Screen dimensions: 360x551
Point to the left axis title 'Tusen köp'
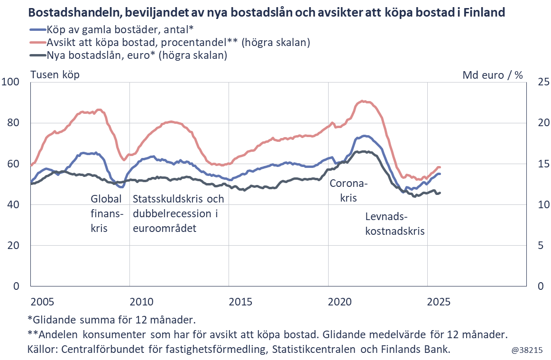coord(55,74)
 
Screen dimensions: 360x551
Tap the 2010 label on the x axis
coord(140,302)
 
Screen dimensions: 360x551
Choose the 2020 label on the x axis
coord(340,302)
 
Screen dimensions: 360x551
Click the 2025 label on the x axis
coord(439,302)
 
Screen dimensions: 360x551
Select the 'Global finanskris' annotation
coord(106,213)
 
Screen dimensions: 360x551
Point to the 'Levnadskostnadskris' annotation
coord(394,224)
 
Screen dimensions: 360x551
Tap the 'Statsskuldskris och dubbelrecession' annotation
coord(178,213)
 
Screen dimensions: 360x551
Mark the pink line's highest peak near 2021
coord(362,101)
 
